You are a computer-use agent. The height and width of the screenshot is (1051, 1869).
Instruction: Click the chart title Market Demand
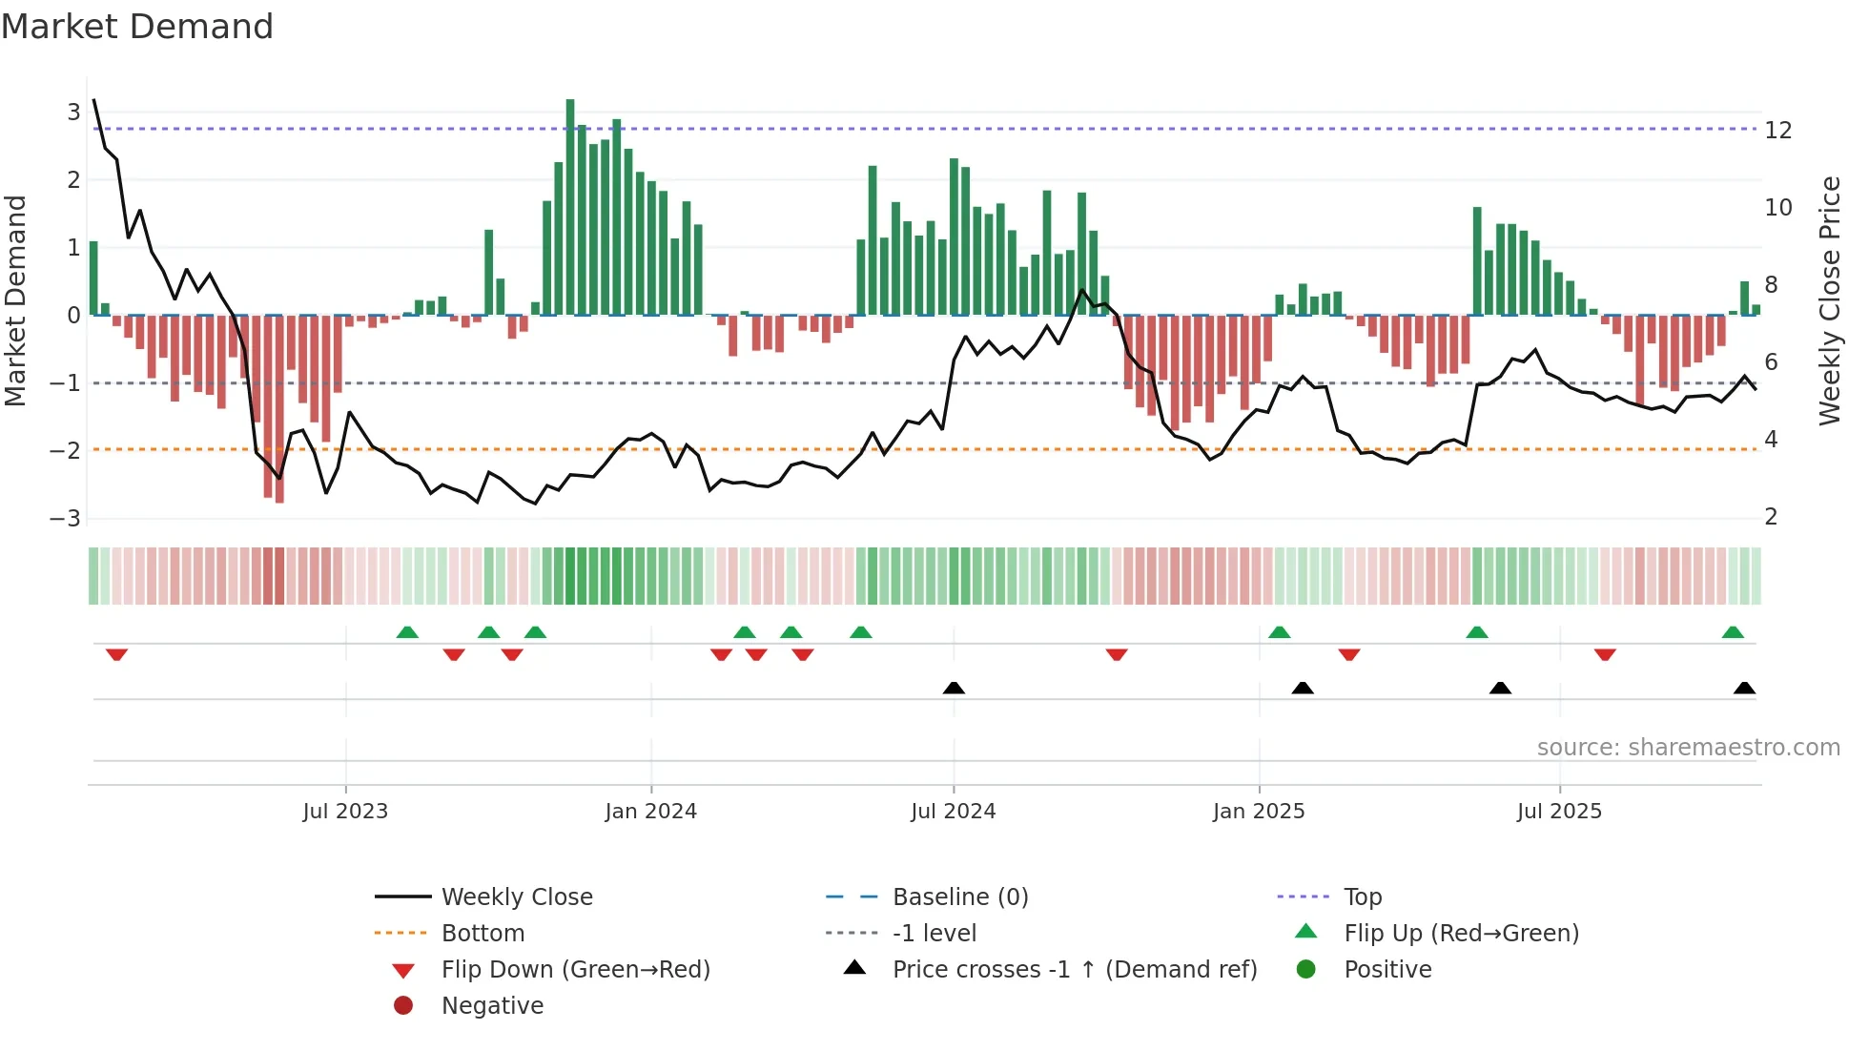click(137, 27)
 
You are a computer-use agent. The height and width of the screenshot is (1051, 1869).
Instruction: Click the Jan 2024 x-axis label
click(650, 812)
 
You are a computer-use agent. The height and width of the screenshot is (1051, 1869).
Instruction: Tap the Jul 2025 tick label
click(1559, 812)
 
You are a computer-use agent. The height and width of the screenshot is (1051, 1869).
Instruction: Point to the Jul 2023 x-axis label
click(345, 812)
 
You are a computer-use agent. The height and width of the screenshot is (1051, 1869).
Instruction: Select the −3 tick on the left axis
click(65, 519)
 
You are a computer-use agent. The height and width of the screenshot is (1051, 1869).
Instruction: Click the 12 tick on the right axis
click(1777, 131)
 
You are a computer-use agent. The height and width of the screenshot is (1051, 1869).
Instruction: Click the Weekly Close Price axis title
click(1829, 300)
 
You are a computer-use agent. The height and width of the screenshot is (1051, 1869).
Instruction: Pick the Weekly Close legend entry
click(516, 897)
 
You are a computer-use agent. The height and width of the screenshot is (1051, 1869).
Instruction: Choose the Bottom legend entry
click(483, 934)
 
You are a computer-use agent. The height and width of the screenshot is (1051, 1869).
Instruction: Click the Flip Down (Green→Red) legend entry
click(575, 970)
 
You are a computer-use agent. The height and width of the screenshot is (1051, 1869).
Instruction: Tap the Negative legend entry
click(492, 1006)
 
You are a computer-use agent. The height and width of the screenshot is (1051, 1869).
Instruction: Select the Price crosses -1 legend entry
click(1074, 970)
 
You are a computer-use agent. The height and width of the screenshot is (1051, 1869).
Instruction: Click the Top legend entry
click(1362, 897)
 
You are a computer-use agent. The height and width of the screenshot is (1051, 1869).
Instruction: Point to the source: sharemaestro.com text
click(1688, 748)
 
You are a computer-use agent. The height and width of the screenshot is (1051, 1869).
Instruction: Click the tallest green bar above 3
click(570, 205)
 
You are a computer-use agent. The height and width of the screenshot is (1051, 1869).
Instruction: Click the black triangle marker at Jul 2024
click(954, 688)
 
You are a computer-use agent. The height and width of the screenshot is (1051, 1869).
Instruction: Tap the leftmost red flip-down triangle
click(116, 654)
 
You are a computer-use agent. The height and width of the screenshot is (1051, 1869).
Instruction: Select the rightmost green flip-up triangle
click(1733, 632)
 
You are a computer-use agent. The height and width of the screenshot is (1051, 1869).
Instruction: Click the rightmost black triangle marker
click(1744, 688)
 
